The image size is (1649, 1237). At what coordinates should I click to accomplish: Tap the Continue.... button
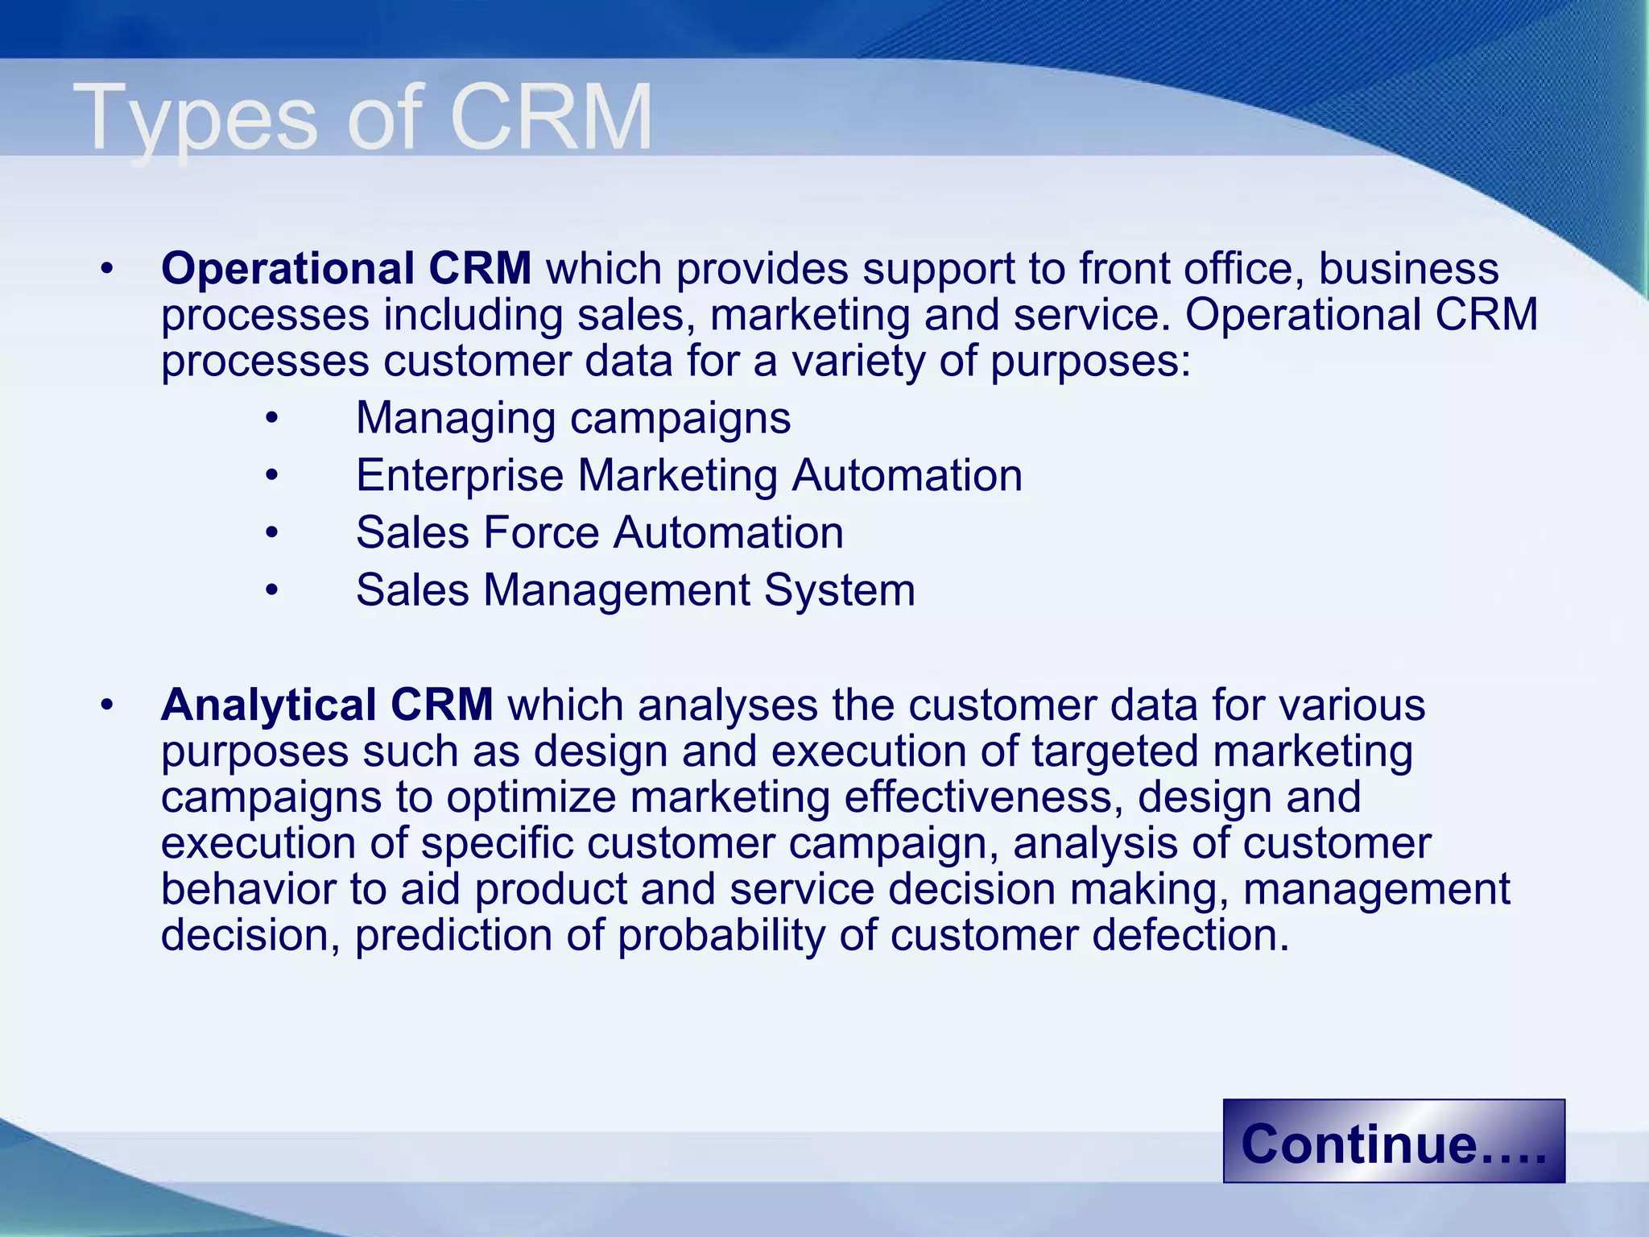tap(1393, 1142)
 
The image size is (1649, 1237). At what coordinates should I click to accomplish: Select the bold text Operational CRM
tap(346, 268)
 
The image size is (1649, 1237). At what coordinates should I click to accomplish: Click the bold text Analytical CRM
tap(327, 705)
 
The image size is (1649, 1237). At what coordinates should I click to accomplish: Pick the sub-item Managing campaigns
tap(573, 418)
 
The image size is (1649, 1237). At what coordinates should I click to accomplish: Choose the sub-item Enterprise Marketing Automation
tap(689, 475)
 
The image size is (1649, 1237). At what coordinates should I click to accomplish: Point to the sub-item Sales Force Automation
tap(600, 532)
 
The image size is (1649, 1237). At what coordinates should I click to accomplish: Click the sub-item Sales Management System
tap(635, 590)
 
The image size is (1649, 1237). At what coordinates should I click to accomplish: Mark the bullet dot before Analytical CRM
tap(107, 706)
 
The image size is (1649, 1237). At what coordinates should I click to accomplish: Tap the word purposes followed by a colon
tap(1089, 362)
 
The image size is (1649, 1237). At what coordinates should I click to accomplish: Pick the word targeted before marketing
tap(1114, 751)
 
